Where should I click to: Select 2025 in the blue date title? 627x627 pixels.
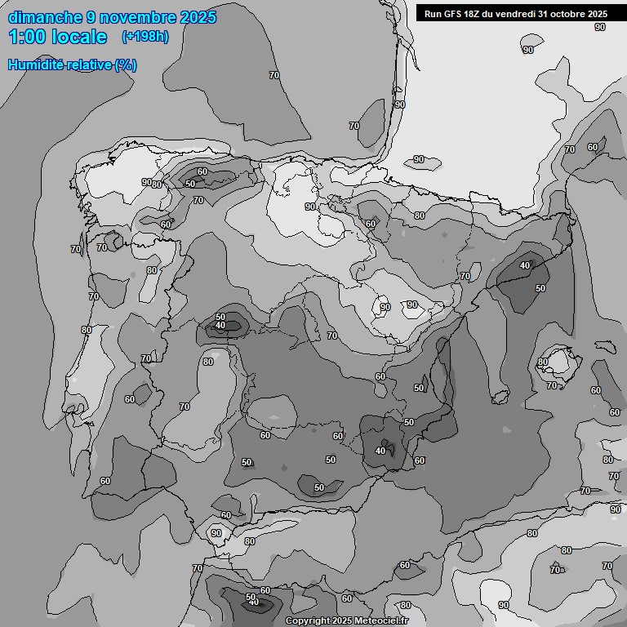[x=198, y=17]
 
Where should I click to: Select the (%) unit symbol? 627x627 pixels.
[x=125, y=65]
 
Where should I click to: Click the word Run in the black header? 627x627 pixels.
[x=433, y=14]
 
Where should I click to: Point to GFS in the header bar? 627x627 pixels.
[x=452, y=14]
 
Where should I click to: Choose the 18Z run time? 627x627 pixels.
[x=474, y=14]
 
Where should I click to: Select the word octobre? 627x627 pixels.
[x=568, y=14]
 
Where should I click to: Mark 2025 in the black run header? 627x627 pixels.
[x=597, y=14]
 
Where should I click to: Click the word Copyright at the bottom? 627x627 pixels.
[x=307, y=621]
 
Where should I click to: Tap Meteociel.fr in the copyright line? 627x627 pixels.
[x=384, y=621]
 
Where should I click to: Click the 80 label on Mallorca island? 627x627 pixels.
[x=543, y=362]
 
